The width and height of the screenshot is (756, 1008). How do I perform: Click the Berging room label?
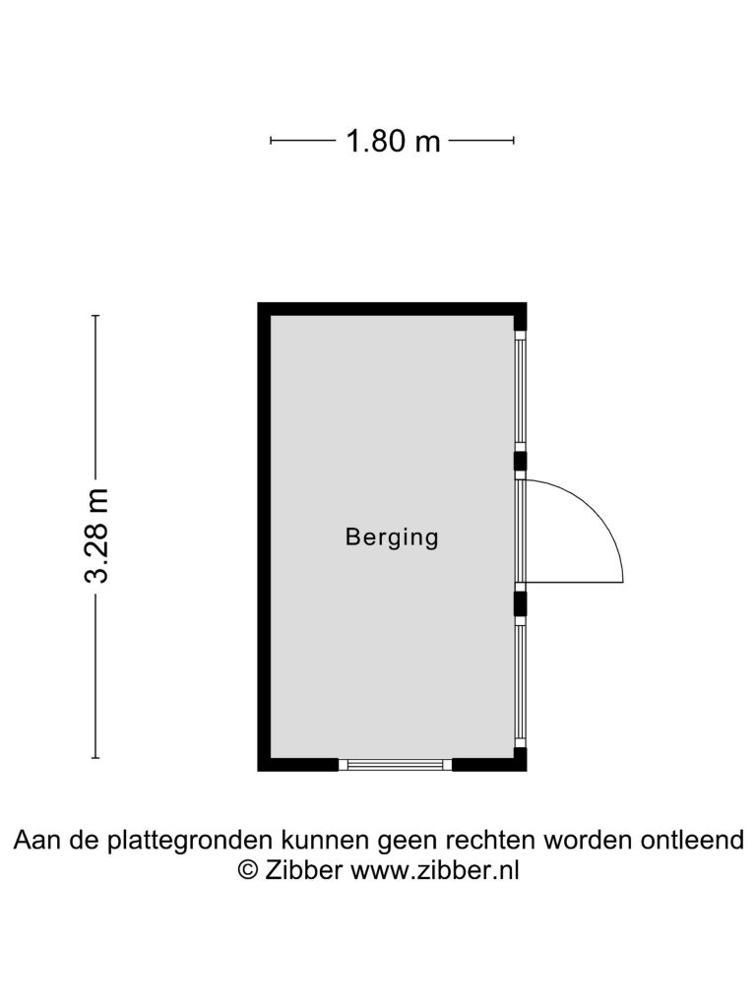[x=392, y=536]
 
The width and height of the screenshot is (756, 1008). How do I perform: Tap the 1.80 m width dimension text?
[x=393, y=140]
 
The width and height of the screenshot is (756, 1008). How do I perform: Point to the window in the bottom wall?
[x=396, y=764]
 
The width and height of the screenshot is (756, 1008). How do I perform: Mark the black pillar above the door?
[x=520, y=461]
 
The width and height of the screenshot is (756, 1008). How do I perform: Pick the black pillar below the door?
[x=520, y=603]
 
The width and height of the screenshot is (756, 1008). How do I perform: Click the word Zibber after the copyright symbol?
[x=303, y=870]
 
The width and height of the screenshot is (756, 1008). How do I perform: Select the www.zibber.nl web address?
[x=434, y=870]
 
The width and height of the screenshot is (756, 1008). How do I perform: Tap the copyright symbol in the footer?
[x=247, y=870]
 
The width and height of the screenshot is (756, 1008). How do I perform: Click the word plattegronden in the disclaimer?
[x=190, y=841]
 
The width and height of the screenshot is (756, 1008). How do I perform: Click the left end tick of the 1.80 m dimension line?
[x=271, y=140]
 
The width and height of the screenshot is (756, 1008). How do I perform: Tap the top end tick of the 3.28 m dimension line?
[x=96, y=316]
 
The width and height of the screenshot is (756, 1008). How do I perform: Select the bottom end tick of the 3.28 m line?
[x=96, y=758]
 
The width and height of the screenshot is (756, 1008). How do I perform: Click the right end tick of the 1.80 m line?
[x=514, y=140]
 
